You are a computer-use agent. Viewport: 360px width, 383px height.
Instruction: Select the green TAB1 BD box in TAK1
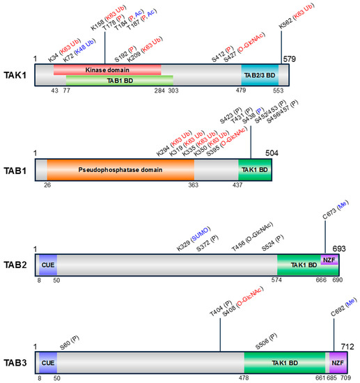(x=119, y=79)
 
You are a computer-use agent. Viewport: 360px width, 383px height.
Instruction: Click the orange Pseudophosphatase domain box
(x=120, y=169)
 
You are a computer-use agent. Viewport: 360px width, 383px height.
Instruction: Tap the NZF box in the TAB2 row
(x=329, y=260)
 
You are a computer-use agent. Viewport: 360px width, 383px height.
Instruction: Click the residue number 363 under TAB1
(x=194, y=187)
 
